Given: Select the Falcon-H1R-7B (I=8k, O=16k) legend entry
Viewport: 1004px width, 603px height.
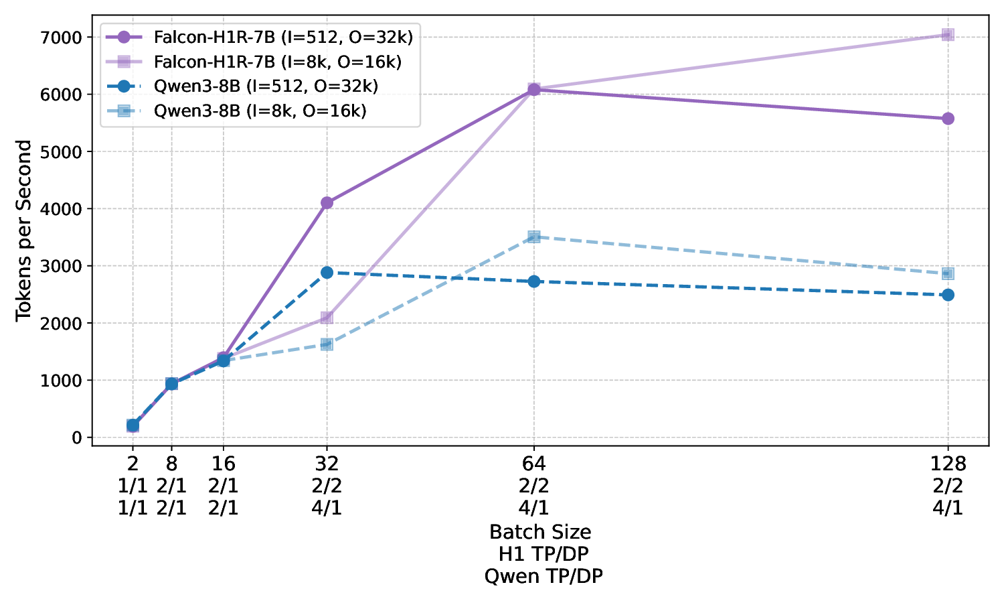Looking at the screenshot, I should pos(277,62).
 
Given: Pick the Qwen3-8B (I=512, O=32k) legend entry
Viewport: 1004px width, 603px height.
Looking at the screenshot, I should pos(266,86).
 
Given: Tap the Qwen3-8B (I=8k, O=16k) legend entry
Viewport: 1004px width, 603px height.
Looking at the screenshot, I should pos(260,111).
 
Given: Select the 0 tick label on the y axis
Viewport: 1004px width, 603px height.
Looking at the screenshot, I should pos(78,438).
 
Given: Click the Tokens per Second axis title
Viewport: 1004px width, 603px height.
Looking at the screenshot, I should pos(24,230).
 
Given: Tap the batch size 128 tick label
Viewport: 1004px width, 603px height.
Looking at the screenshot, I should pos(948,464).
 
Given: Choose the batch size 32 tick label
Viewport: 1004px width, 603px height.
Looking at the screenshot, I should pos(327,464).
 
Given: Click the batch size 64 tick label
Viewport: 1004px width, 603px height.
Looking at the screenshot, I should pos(533,464).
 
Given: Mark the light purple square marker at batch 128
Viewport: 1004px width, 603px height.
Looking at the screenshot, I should pos(948,35).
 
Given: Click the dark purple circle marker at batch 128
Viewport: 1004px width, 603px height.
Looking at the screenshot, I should pos(948,119).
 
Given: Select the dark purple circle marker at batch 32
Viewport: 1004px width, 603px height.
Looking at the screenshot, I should pos(327,202).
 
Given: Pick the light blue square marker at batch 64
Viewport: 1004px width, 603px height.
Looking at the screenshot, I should pos(533,237).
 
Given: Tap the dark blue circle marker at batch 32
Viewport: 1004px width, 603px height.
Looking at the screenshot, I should pos(327,272).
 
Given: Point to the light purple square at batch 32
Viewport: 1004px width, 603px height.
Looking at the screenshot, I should pos(327,317).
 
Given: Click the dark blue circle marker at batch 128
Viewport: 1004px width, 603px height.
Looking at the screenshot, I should pos(948,295).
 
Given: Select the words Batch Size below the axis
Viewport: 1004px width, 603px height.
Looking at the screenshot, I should pos(540,532).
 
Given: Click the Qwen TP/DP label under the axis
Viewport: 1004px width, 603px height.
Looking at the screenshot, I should pos(543,576).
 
